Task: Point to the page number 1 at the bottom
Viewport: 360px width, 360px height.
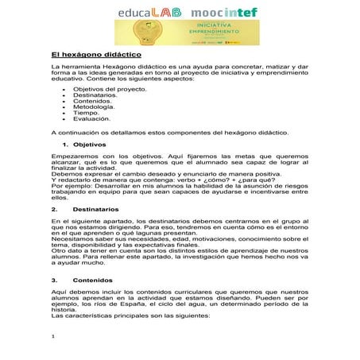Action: tap(52, 337)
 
